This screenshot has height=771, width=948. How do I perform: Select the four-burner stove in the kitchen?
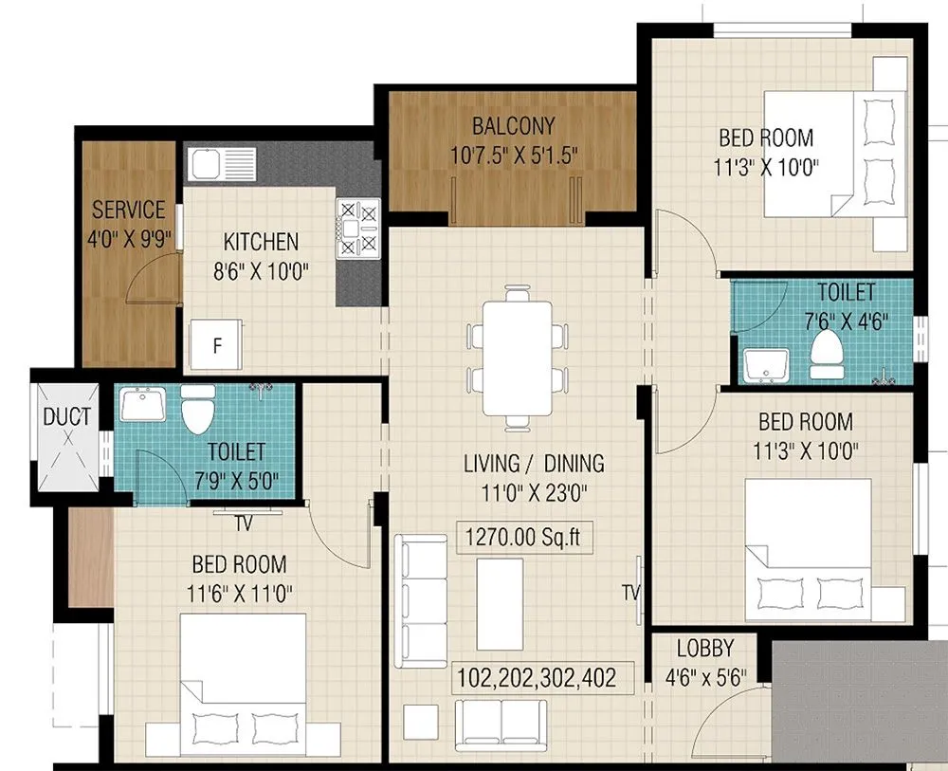point(357,229)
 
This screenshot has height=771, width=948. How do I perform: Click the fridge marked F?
point(217,345)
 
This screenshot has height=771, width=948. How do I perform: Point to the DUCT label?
point(67,416)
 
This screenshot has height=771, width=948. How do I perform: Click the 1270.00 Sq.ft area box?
point(521,539)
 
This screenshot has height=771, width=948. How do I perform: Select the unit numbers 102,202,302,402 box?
point(538,678)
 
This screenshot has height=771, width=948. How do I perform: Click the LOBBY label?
point(704,649)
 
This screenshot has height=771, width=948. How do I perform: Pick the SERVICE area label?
point(128,210)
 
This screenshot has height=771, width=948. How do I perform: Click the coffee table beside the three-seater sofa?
point(500,589)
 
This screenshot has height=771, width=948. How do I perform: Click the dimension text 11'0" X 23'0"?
point(534,492)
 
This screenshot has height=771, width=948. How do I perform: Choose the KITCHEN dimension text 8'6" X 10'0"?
point(261,270)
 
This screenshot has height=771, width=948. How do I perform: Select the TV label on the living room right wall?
point(629,592)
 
